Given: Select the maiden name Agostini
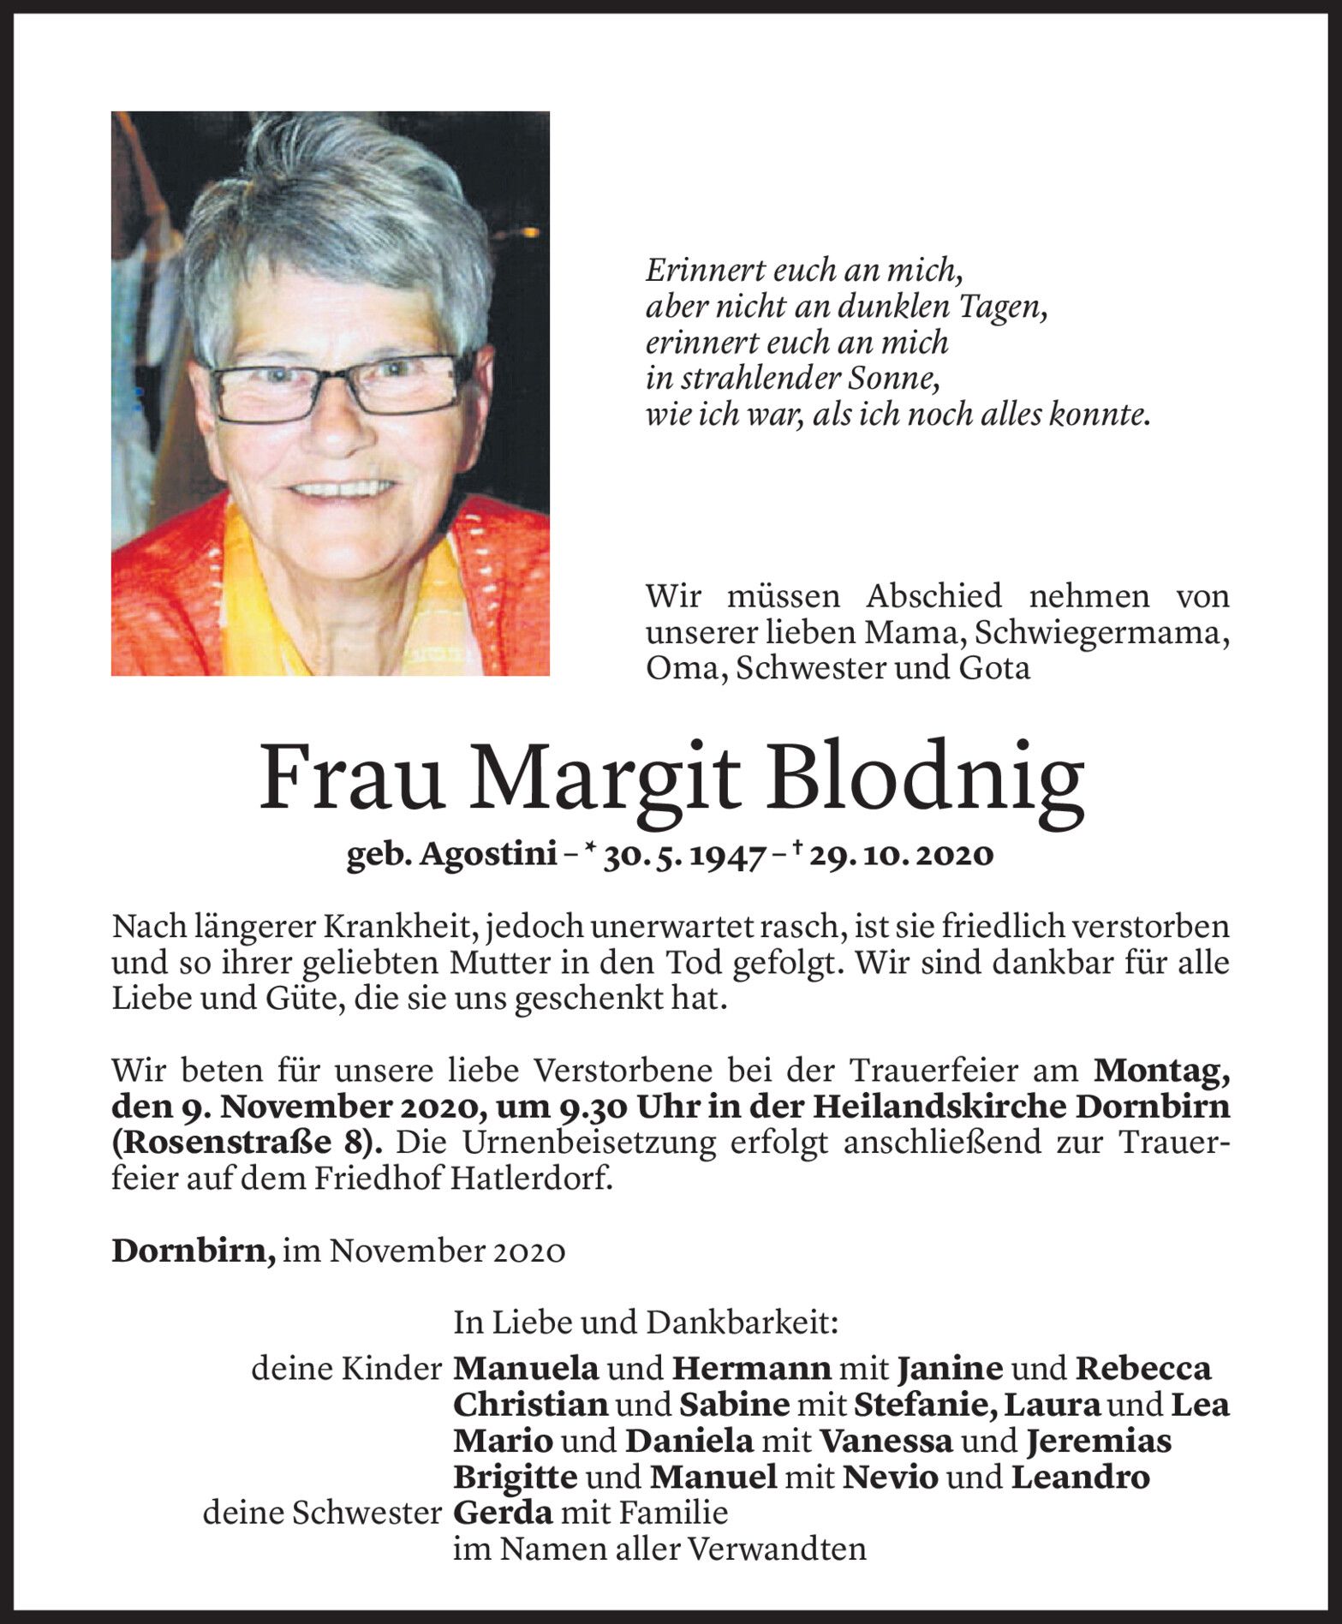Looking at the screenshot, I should click(x=489, y=855).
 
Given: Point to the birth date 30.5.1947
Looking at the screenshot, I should click(x=683, y=855).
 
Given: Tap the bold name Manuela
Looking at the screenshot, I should click(x=525, y=1369).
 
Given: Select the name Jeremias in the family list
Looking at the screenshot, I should click(x=1099, y=1441).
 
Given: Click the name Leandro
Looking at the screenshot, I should click(x=1080, y=1477).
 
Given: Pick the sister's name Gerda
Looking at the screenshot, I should click(x=503, y=1513).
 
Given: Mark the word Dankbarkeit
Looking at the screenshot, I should click(x=742, y=1322).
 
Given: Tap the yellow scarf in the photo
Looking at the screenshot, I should click(x=257, y=600).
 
